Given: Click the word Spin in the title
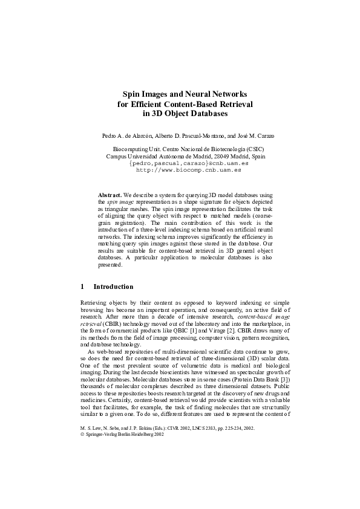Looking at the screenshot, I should point(132,94).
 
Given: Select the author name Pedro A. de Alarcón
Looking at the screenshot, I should point(129,135).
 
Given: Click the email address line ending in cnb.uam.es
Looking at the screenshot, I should point(180,163).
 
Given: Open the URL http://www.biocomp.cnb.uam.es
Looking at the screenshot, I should point(180,170).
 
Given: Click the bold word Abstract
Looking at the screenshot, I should point(110,195).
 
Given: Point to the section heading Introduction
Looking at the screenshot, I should point(113,287).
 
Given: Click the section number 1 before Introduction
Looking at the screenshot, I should point(82,287).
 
